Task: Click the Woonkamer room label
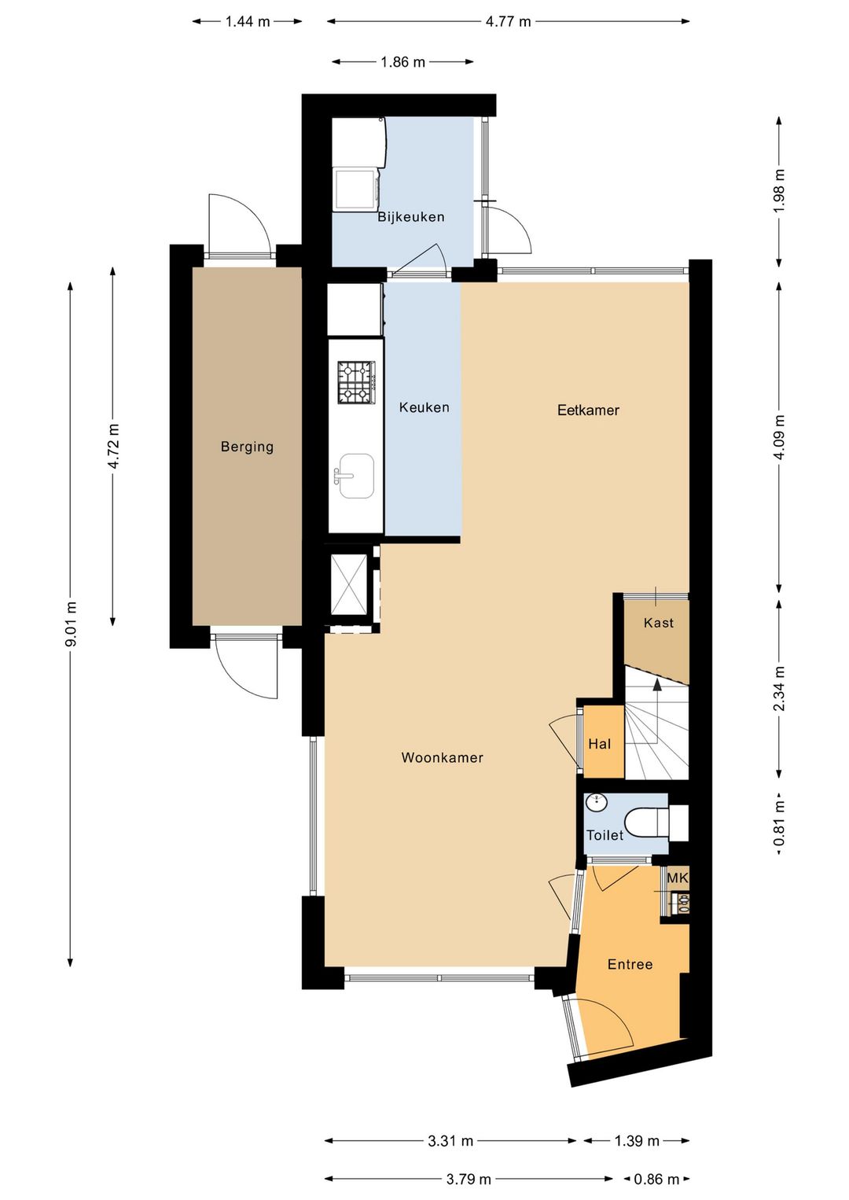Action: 442,757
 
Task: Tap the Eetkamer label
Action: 588,410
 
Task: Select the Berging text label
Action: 247,446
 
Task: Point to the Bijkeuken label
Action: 411,217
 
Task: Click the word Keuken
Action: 424,407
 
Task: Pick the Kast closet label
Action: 658,623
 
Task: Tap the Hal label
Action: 599,744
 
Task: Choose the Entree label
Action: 630,964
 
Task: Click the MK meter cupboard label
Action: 677,878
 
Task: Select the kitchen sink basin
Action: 355,476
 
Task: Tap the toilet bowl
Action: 647,823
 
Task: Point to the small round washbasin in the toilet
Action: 596,803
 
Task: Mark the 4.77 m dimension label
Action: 508,21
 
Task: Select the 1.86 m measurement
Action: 402,62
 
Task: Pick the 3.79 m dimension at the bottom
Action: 469,1179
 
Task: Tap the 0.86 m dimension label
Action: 656,1179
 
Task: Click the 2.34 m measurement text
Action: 779,688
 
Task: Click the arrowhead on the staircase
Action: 656,683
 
